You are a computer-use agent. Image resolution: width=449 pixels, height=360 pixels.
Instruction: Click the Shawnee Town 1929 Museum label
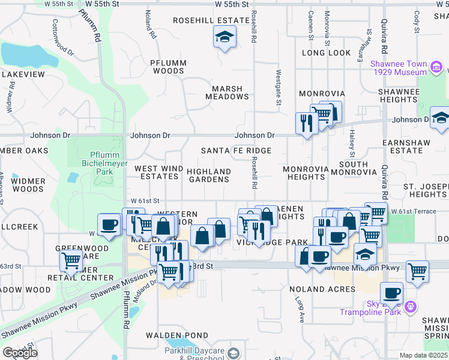pos(399,68)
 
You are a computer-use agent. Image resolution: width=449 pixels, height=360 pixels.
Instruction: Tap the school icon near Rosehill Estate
pos(224,38)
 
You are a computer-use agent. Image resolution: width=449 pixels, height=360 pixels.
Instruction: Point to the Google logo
pos(20,353)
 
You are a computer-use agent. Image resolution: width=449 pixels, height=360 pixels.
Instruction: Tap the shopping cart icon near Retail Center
pos(71,260)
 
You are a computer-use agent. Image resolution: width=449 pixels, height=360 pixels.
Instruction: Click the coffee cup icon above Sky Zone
pos(391,293)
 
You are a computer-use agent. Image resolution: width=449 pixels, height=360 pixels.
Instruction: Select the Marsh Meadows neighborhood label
pos(227,92)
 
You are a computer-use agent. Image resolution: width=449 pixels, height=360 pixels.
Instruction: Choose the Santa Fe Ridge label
pos(236,151)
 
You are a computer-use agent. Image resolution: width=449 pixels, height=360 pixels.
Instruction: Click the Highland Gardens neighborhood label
pos(209,175)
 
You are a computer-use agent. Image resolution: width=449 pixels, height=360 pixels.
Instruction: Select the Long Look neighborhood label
pos(326,53)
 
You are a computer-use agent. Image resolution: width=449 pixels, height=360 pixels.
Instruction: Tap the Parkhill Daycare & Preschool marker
pos(234,353)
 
